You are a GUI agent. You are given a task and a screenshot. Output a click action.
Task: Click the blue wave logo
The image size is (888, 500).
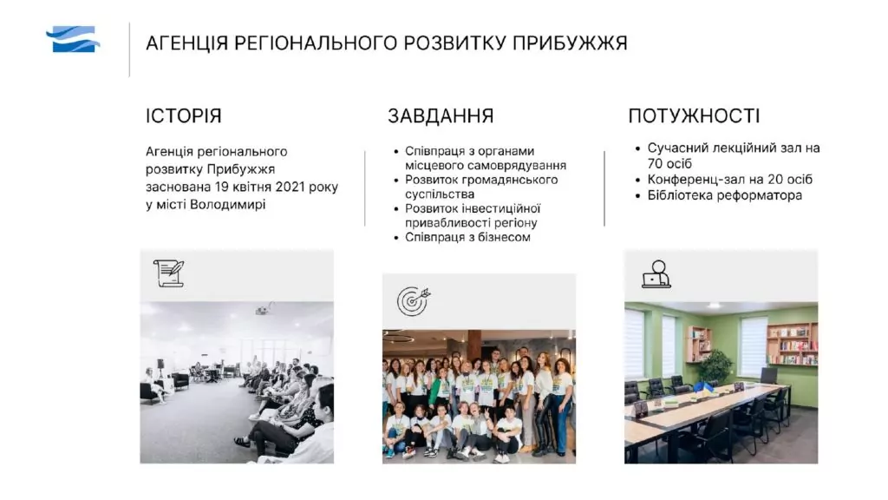tap(73, 39)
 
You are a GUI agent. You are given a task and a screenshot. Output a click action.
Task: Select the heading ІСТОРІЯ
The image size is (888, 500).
tap(184, 115)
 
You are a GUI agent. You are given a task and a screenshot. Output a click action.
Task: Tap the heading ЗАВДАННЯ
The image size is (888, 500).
tap(441, 115)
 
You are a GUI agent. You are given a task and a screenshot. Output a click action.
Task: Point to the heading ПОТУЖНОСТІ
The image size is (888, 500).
tap(694, 115)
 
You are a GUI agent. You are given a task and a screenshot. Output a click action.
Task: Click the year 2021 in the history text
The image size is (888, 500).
tap(290, 187)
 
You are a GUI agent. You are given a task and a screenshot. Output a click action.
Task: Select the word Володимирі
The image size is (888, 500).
tap(228, 204)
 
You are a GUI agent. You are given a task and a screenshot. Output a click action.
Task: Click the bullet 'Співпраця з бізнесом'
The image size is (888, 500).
tap(467, 237)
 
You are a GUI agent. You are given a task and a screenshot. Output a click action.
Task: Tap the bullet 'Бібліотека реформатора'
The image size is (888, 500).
tap(724, 195)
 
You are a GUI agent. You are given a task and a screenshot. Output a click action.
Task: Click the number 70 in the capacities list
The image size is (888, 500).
tap(656, 164)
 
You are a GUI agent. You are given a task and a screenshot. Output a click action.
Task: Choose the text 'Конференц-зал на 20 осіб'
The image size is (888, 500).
tap(729, 179)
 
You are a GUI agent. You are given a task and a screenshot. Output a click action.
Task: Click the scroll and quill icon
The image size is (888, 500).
tap(169, 273)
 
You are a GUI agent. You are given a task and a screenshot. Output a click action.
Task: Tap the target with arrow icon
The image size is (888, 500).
tap(414, 300)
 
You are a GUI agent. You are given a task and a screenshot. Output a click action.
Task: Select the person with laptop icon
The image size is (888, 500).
tap(657, 274)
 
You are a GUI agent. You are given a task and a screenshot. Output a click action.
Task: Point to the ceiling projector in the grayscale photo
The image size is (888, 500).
tap(264, 310)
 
